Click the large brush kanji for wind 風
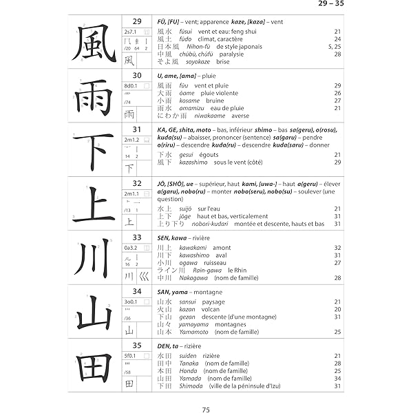(x=95, y=43)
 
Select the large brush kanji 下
(x=95, y=150)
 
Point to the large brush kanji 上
(x=95, y=204)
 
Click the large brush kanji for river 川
(x=95, y=258)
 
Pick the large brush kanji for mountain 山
(x=95, y=312)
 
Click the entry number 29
(x=137, y=21)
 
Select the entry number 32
(x=137, y=183)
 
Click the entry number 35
(x=137, y=345)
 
